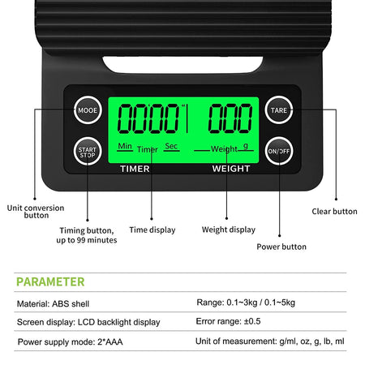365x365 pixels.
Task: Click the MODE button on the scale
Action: [88, 110]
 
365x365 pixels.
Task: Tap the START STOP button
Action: [88, 152]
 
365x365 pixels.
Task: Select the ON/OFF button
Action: [279, 151]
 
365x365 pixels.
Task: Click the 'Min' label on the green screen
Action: [125, 146]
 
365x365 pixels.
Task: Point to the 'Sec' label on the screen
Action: [171, 146]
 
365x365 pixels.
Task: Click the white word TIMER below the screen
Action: [135, 169]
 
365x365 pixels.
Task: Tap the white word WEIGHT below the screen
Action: [231, 169]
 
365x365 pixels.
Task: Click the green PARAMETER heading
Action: [50, 281]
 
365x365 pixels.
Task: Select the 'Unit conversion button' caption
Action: [36, 212]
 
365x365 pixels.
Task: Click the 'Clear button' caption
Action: [334, 212]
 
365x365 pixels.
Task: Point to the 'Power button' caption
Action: [281, 247]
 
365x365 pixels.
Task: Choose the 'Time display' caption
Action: [152, 230]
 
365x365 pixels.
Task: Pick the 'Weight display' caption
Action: [229, 230]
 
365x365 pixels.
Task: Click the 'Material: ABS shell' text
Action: [53, 303]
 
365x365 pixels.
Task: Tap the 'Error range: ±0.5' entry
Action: [228, 321]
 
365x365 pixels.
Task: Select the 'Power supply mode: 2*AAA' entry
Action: [71, 341]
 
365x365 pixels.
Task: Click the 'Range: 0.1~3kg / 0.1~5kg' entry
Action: [246, 303]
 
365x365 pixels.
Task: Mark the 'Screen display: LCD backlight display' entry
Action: [88, 322]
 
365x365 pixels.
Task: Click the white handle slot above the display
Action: [182, 64]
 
